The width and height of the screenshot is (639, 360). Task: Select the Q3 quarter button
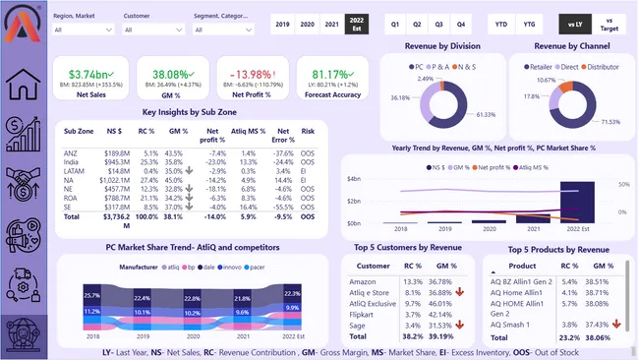(439, 23)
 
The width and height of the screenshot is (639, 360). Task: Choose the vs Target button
(610, 23)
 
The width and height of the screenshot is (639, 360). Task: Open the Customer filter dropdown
(154, 30)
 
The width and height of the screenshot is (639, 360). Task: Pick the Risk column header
(309, 131)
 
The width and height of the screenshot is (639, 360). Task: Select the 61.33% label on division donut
(488, 115)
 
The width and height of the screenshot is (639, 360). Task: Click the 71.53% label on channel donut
(610, 121)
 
